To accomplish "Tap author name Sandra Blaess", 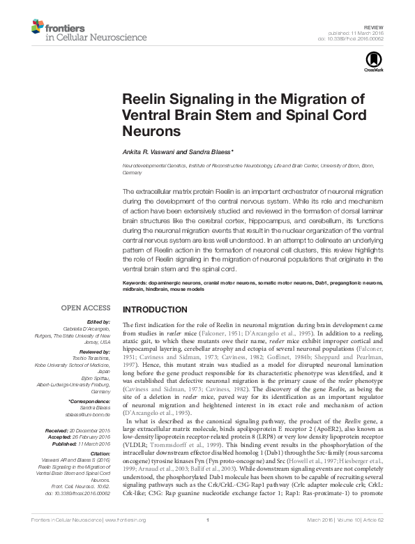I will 209,152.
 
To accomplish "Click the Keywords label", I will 137,283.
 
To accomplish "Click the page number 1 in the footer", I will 208,538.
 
